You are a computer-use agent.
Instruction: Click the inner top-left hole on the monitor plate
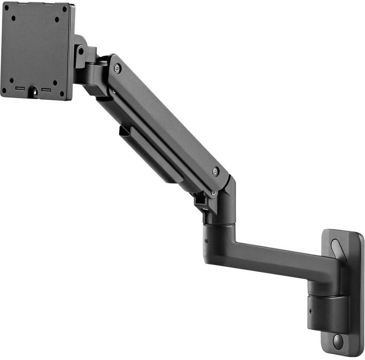pyautogui.click(x=14, y=17)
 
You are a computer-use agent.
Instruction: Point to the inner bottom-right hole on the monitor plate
pyautogui.click(x=55, y=83)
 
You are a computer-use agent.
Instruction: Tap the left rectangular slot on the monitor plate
pyautogui.click(x=20, y=89)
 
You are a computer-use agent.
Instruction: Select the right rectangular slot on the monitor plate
pyautogui.click(x=46, y=90)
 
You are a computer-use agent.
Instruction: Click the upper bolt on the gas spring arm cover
pyautogui.click(x=117, y=68)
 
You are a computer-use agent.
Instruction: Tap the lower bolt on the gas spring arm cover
pyautogui.click(x=216, y=171)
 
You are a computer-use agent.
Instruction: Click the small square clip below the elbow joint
pyautogui.click(x=201, y=201)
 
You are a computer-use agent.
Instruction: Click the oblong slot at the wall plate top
pyautogui.click(x=337, y=247)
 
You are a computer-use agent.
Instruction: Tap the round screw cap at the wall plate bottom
pyautogui.click(x=338, y=341)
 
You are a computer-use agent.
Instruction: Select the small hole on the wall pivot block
pyautogui.click(x=311, y=311)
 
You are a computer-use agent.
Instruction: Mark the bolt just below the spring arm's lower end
pyautogui.click(x=213, y=193)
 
